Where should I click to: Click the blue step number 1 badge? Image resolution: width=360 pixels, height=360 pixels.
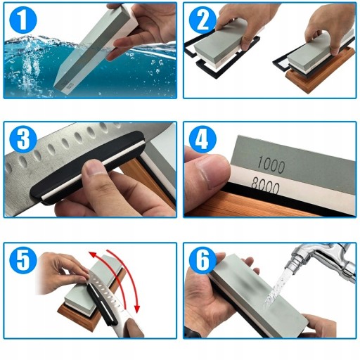(x=23, y=20)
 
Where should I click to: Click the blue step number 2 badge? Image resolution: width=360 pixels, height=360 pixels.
(x=202, y=20)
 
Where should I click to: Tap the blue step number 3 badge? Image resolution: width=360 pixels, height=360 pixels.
(x=23, y=140)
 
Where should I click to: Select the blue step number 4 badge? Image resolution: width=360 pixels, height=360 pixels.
(x=202, y=140)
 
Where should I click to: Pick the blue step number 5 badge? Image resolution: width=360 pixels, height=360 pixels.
(x=23, y=260)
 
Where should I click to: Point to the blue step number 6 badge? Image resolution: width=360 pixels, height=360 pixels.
(x=202, y=260)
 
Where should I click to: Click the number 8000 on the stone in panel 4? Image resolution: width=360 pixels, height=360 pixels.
(x=266, y=187)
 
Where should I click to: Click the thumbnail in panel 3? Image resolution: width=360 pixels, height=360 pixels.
(x=96, y=168)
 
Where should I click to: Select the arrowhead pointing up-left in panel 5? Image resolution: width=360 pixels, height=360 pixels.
(x=94, y=255)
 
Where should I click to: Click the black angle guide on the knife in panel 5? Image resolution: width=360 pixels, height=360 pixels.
(x=101, y=305)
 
